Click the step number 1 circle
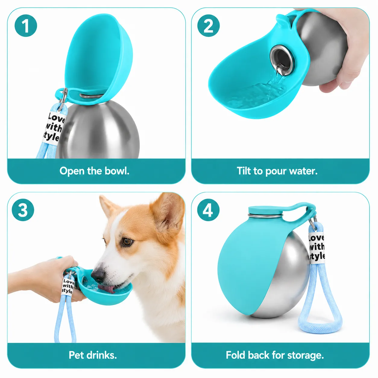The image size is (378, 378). [x=26, y=26]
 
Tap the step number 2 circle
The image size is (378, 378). [x=209, y=26]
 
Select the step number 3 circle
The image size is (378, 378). [x=23, y=210]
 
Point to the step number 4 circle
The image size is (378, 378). [x=208, y=210]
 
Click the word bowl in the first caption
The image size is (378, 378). [x=117, y=171]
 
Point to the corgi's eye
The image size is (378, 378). [x=127, y=241]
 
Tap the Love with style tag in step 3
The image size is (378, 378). [x=68, y=287]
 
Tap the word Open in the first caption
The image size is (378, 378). [x=72, y=171]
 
